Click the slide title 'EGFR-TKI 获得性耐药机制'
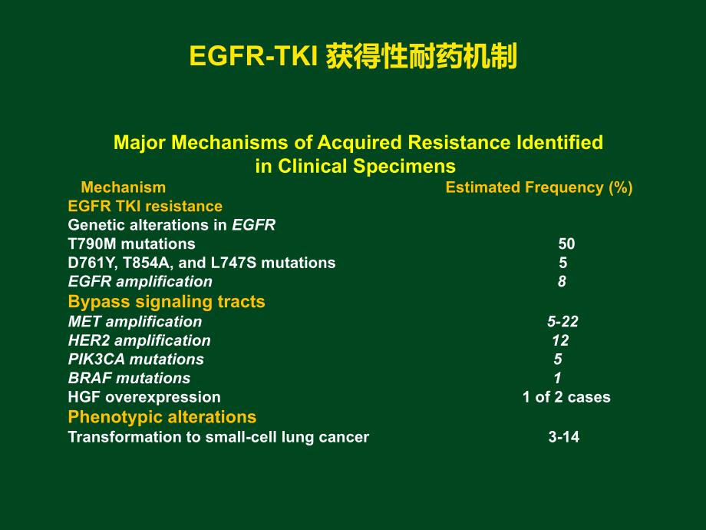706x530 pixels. click(353, 57)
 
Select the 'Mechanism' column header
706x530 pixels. click(123, 187)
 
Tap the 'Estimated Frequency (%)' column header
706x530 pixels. click(539, 187)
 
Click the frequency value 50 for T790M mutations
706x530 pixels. click(566, 244)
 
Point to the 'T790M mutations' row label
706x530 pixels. click(131, 244)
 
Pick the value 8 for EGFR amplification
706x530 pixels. click(562, 282)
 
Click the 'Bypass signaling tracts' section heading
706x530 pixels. click(167, 302)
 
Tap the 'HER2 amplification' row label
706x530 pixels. click(139, 340)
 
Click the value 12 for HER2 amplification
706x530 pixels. click(560, 340)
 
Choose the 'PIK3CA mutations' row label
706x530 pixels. click(136, 359)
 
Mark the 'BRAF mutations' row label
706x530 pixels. click(129, 378)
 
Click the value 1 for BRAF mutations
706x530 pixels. click(558, 378)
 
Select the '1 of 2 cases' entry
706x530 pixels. click(566, 397)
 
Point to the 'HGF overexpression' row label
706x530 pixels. click(144, 397)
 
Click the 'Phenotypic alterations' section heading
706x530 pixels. click(162, 417)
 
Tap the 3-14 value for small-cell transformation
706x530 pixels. click(563, 437)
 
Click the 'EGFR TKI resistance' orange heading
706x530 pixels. click(145, 206)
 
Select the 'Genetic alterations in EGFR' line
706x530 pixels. click(171, 225)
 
